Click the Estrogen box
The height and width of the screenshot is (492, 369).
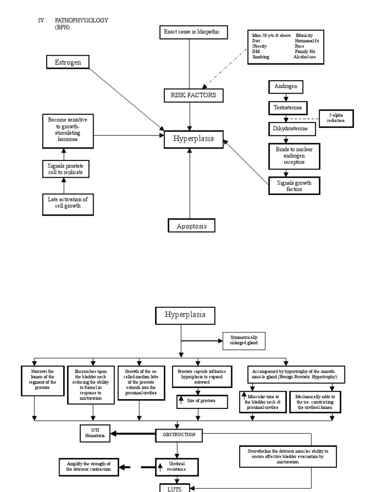[x=67, y=62]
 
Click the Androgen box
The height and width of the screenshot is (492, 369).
[x=286, y=87]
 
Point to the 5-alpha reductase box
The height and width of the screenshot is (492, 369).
[x=336, y=118]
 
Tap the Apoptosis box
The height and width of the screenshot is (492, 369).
[x=191, y=226]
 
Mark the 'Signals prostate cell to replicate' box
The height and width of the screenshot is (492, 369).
[x=65, y=169]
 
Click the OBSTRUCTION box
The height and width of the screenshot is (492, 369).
[x=178, y=434]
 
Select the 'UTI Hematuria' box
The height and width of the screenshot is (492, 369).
[x=95, y=432]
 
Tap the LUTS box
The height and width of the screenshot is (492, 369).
[x=178, y=488]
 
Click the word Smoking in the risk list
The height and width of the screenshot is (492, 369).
[x=261, y=57]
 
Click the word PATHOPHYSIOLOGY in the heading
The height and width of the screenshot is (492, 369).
[x=82, y=20]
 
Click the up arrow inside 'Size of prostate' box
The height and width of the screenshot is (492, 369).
[x=181, y=400]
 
